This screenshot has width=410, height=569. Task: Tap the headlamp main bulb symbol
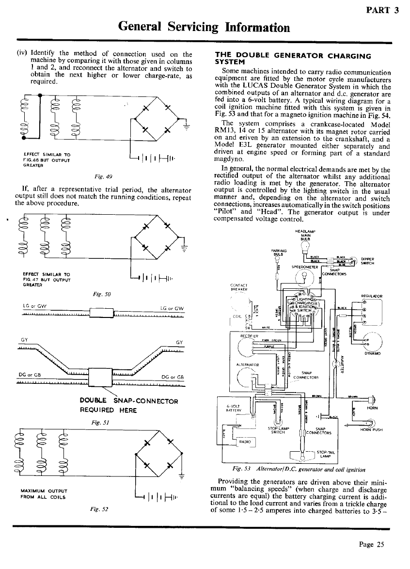(305, 247)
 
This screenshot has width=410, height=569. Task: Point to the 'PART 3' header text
(382, 11)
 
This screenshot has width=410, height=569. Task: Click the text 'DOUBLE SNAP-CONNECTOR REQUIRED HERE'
(128, 405)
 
